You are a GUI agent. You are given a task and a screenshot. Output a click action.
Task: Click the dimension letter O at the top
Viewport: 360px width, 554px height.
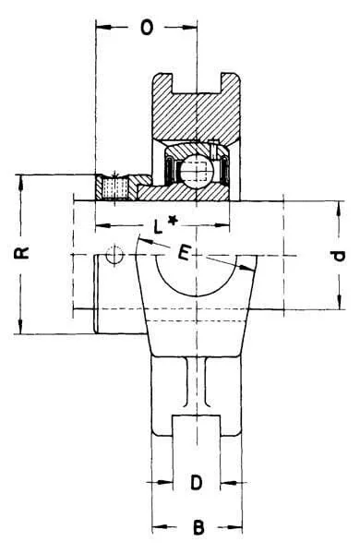click(147, 27)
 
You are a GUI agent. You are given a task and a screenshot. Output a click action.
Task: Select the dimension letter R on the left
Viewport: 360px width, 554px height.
click(22, 253)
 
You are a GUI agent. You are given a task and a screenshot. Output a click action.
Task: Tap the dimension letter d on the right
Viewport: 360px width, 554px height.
click(339, 256)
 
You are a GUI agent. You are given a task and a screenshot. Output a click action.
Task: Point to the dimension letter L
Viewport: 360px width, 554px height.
click(158, 226)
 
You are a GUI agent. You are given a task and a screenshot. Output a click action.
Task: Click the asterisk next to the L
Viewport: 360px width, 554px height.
click(172, 222)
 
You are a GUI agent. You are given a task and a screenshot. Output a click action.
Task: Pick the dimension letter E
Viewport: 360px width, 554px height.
click(185, 253)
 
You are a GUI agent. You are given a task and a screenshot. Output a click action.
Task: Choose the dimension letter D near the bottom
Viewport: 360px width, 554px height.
click(197, 482)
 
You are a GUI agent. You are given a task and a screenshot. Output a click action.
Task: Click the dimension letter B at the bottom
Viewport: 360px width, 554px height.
click(198, 528)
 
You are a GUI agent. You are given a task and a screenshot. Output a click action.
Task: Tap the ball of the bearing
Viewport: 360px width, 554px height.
click(196, 171)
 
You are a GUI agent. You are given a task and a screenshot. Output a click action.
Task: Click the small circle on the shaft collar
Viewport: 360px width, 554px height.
click(114, 255)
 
